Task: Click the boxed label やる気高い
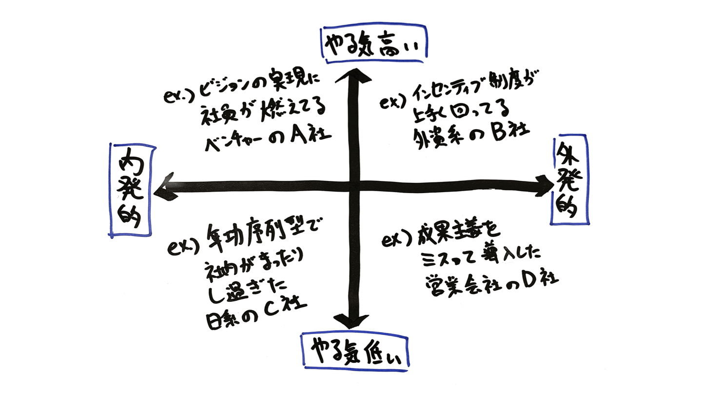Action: (374, 44)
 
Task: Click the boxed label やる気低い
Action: (355, 352)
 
